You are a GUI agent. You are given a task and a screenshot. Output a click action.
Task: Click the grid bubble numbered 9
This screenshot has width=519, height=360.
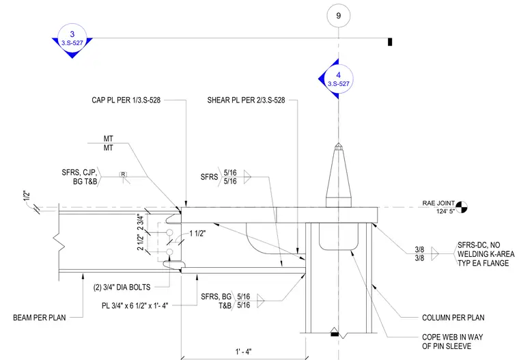coord(338,16)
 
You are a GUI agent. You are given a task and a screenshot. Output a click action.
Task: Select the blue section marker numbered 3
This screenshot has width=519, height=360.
coord(72,39)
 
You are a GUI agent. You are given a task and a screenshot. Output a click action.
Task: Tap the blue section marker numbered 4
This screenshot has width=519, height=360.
coord(336,79)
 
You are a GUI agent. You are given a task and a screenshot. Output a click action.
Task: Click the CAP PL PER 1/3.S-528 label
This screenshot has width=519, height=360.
coord(126,100)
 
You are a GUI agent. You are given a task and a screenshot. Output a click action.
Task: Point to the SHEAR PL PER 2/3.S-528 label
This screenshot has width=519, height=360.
coord(246,100)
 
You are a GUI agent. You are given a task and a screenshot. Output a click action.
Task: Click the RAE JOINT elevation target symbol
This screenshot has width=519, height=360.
coord(462,207)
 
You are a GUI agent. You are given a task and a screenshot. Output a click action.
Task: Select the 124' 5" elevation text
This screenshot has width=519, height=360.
coord(445,211)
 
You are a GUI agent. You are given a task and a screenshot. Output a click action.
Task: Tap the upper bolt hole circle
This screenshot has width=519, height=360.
coord(169,233)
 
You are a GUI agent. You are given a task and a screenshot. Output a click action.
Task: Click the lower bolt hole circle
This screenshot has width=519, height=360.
coord(169,252)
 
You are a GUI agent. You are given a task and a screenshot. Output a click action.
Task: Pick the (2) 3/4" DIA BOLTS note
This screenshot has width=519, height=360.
coord(122,287)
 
